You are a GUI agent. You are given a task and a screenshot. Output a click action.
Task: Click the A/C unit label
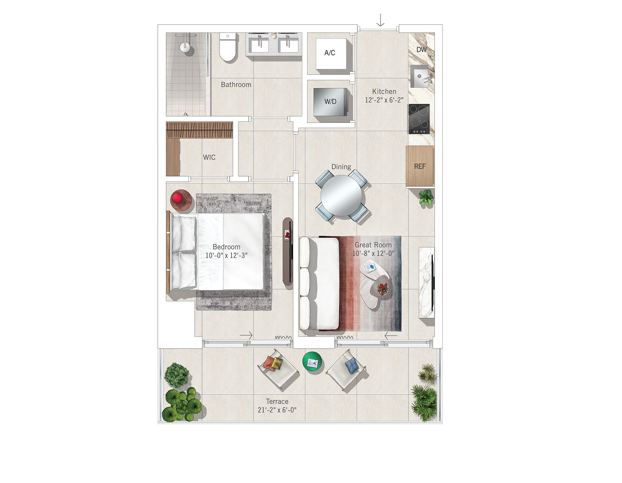tap(330, 53)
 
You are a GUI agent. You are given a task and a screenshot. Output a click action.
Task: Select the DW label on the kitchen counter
tap(421, 50)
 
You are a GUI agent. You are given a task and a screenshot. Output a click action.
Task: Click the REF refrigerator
tap(420, 166)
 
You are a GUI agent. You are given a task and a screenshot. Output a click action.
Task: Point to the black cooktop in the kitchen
tap(419, 119)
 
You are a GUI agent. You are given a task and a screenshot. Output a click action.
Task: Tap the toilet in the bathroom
tap(228, 47)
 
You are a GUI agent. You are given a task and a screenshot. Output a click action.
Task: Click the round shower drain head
tap(185, 47)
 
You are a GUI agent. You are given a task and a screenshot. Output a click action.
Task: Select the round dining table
tap(341, 196)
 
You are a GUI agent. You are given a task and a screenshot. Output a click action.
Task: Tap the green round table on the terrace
tap(312, 362)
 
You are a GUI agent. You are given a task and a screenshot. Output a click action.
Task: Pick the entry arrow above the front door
tap(380, 20)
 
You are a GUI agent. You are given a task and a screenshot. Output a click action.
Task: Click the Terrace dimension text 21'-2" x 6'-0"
tap(277, 410)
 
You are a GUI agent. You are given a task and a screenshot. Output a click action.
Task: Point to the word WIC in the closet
tap(209, 157)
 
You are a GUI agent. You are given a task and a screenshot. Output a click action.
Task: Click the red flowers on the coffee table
tap(382, 288)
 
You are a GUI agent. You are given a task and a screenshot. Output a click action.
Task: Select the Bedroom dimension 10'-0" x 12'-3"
tap(226, 255)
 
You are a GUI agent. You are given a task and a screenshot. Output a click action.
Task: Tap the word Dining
tap(341, 167)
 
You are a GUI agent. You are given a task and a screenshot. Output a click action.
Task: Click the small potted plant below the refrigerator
tap(426, 197)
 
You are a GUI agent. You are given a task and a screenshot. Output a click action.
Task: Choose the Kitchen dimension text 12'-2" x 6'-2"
tap(384, 100)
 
